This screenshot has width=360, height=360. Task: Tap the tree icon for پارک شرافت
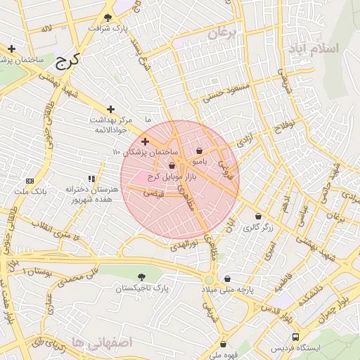point(108,18)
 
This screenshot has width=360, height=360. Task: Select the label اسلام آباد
point(314,49)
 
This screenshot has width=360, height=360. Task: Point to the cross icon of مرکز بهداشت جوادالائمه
point(110,109)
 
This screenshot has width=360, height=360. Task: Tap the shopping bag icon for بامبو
point(200,150)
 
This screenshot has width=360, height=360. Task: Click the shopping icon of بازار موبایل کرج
point(172,165)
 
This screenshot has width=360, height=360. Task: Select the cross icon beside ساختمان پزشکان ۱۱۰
point(146,142)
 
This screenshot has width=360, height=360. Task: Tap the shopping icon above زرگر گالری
point(258,217)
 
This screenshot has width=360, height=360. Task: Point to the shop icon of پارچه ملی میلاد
point(226,279)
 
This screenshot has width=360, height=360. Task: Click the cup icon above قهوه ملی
point(224,345)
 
